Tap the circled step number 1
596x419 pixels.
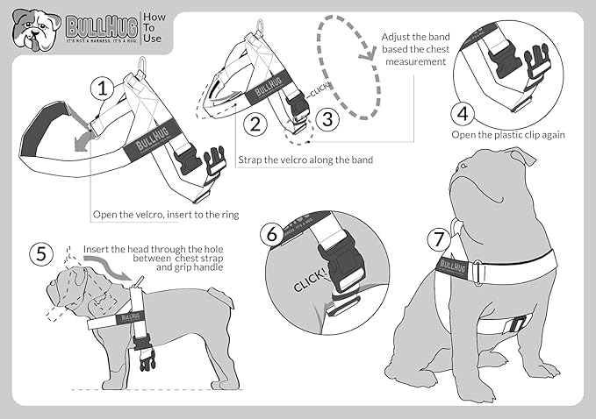pos(104,88)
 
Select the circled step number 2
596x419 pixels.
pos(255,124)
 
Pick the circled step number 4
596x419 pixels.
pos(463,113)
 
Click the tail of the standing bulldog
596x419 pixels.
pos(230,304)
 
